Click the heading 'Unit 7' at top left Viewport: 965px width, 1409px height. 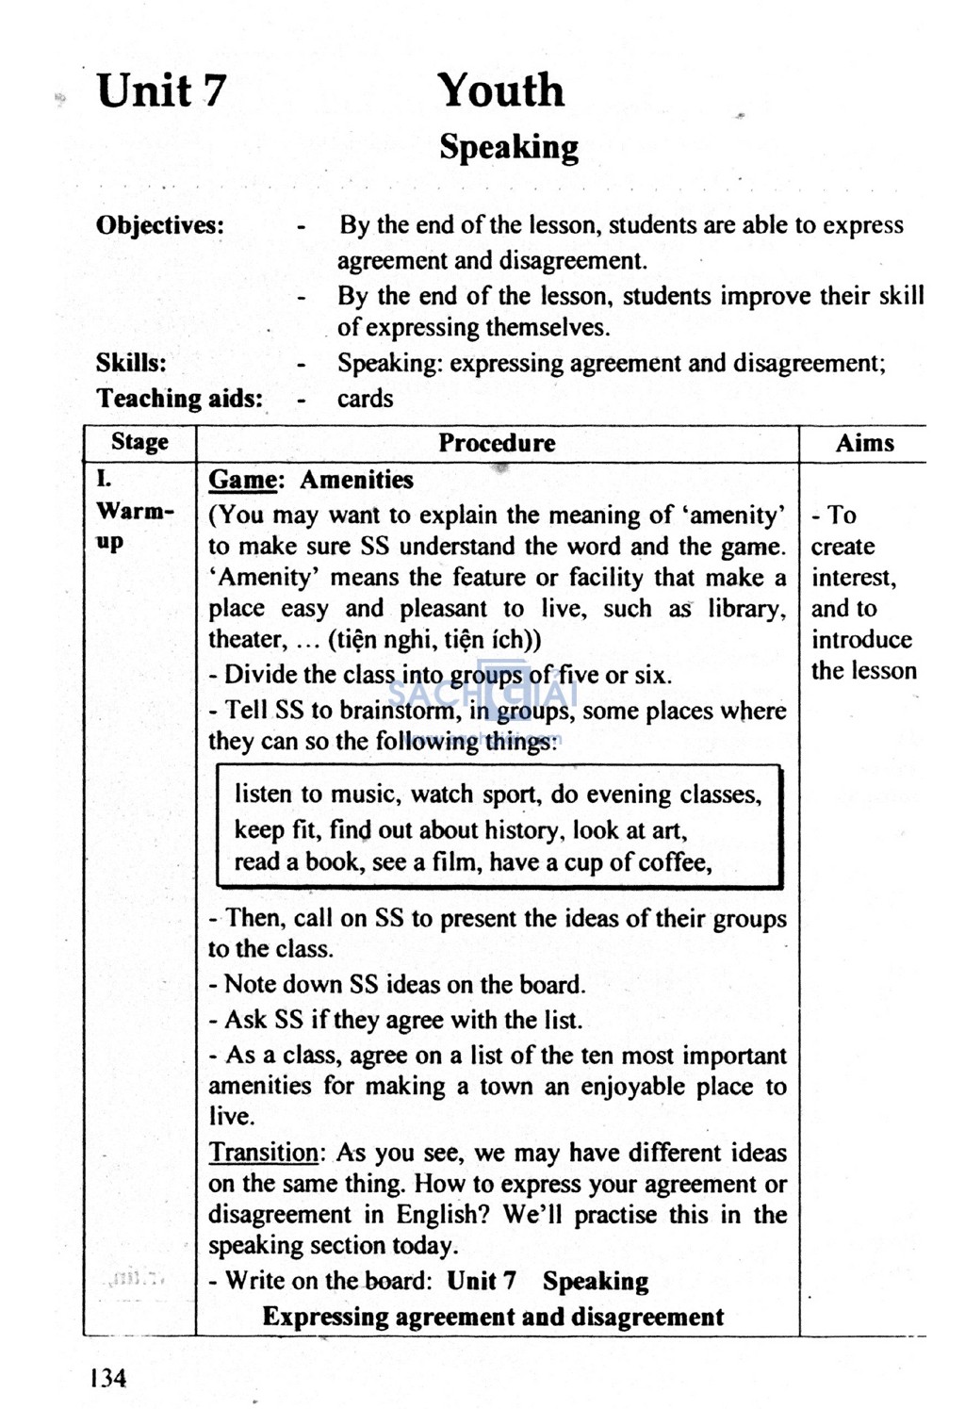tap(161, 91)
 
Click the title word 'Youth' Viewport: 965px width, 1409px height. tap(500, 91)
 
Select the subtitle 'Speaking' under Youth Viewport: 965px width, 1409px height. tap(509, 147)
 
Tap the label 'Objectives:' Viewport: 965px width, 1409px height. tap(160, 225)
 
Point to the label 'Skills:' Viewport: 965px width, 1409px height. tap(131, 363)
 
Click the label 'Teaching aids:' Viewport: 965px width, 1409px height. tap(179, 399)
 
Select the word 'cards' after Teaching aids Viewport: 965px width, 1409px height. tap(366, 399)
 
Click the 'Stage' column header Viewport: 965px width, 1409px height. tap(139, 442)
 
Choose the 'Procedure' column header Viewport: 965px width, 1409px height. tap(497, 443)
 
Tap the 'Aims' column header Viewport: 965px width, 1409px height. tap(864, 443)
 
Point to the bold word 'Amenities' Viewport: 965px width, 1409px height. tap(356, 480)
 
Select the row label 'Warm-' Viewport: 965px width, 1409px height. tap(135, 512)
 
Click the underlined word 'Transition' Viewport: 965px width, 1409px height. tap(264, 1153)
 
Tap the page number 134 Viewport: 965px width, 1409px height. tap(108, 1378)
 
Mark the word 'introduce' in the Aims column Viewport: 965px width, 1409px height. tap(861, 640)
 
